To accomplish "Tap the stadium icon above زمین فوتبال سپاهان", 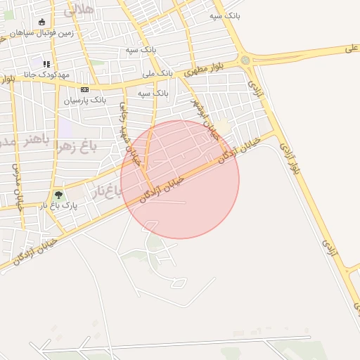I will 41,22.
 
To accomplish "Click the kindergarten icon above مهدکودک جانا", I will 46,65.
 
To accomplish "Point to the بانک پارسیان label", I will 85,101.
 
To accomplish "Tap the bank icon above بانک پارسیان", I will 85,89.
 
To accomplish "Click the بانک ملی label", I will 157,72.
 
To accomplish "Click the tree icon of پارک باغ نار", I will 58,195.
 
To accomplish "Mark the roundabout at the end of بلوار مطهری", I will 245,60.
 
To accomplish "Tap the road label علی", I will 352,49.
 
